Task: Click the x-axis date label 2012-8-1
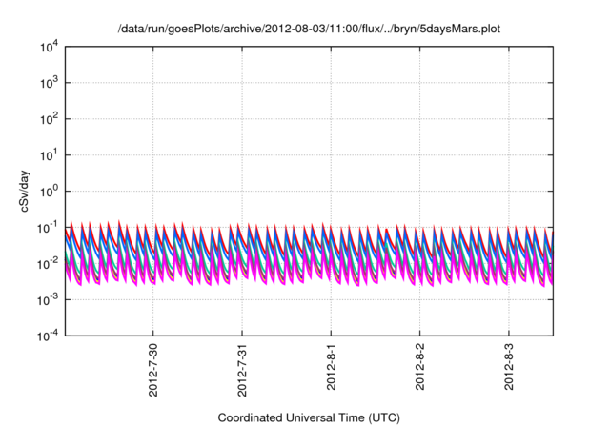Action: [332, 368]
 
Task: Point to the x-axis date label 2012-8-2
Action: [420, 368]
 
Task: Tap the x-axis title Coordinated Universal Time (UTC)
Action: [308, 417]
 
